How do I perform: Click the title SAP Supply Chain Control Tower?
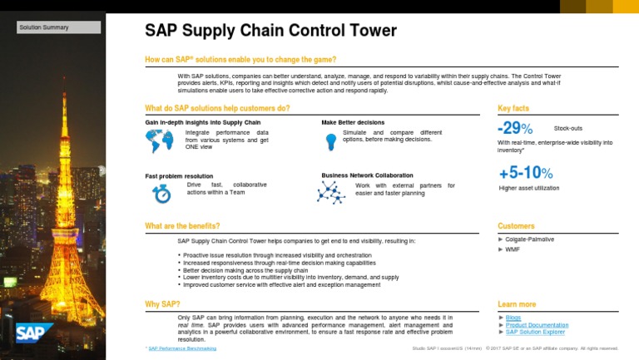270,31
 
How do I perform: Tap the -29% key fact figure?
515,128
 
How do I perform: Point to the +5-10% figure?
525,173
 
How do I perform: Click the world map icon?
159,141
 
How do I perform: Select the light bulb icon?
330,141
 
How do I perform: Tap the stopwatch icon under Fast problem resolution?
161,193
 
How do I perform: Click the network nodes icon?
329,192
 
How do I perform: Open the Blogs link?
513,318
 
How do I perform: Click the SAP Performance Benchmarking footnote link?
181,348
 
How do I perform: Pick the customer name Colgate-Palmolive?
529,239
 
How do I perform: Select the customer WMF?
513,249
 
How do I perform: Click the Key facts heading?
513,108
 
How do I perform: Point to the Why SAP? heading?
162,304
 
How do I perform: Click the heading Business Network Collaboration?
367,175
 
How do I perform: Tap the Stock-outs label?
568,128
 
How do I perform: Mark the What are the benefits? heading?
182,225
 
